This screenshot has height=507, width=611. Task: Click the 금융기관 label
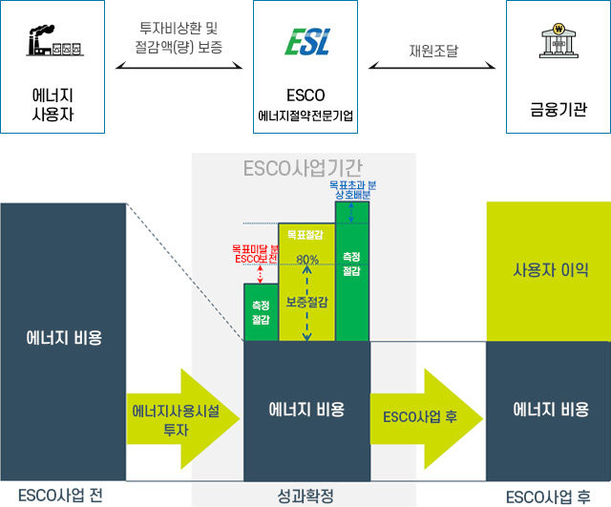(559, 108)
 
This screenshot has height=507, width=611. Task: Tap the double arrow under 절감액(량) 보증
(180, 67)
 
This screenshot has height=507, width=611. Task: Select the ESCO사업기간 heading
(304, 170)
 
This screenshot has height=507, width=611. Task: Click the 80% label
(306, 260)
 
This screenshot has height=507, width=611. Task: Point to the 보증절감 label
(306, 302)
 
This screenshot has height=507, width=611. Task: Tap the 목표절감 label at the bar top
(306, 232)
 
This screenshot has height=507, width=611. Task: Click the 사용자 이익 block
(548, 269)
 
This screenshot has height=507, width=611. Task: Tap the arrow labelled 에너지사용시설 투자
(181, 419)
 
